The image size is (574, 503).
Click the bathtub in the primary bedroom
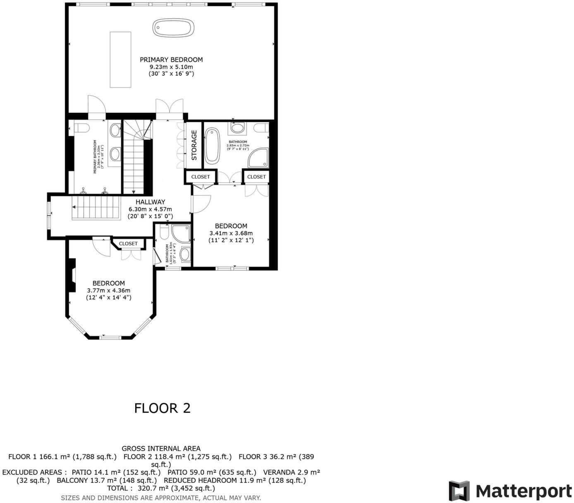click(x=174, y=28)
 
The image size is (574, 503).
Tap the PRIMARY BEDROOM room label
click(x=171, y=60)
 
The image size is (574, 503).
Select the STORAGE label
click(x=194, y=145)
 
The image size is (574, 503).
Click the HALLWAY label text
click(x=151, y=202)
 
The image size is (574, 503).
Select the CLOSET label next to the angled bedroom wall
click(x=128, y=244)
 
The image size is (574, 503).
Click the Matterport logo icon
click(x=459, y=491)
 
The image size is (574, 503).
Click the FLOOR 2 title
click(x=162, y=408)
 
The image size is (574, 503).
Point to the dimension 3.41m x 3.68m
click(x=231, y=233)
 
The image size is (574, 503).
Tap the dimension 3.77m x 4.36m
click(x=108, y=290)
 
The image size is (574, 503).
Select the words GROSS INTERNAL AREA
click(x=161, y=448)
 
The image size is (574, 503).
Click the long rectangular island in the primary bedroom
click(x=120, y=59)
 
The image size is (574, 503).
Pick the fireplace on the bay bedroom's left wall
click(x=72, y=275)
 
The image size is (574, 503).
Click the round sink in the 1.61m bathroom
click(x=185, y=254)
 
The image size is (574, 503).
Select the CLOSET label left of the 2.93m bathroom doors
click(x=201, y=177)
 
